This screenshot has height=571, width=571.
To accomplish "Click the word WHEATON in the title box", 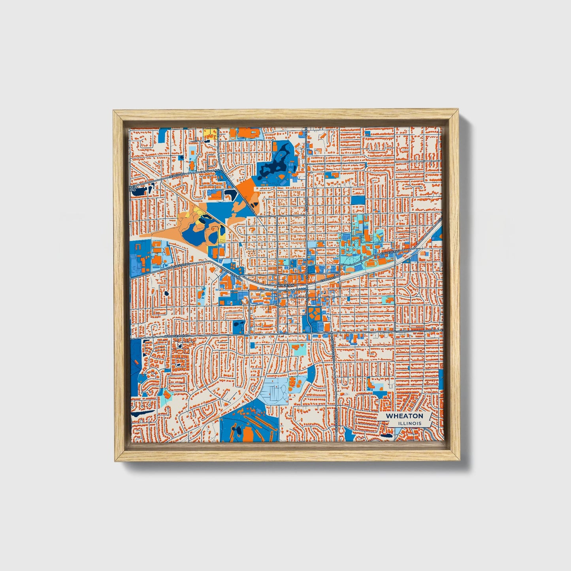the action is coord(404,416).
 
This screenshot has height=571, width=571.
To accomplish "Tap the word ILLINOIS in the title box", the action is coord(410,423).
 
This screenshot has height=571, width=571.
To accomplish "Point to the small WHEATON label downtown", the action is coord(286,285).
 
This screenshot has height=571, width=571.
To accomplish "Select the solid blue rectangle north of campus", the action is coord(358,200).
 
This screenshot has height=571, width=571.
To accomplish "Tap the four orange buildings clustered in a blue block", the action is coord(315,315).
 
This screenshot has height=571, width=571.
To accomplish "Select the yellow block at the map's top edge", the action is coord(211,133).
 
